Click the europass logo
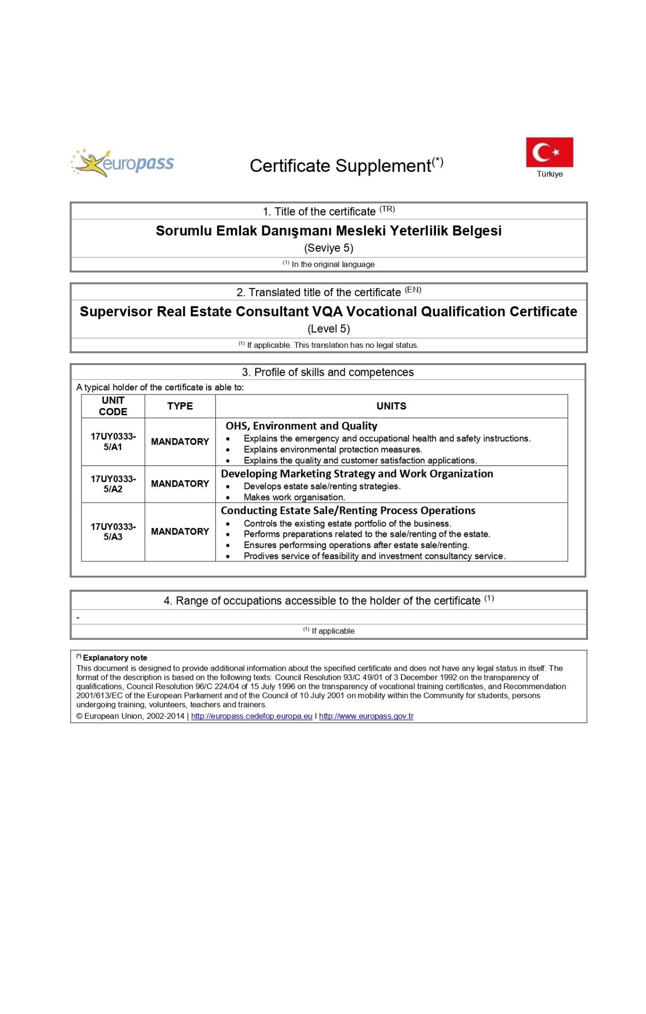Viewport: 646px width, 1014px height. (122, 163)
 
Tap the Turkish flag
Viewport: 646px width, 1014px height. (549, 152)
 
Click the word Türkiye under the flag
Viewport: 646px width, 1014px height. (550, 174)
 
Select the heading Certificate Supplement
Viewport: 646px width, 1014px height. (346, 165)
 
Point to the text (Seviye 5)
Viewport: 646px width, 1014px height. (329, 248)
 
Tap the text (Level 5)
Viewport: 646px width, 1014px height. (329, 329)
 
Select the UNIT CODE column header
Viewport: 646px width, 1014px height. (113, 406)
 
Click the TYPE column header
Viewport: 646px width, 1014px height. (180, 406)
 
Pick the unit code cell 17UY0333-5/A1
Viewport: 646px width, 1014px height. (113, 442)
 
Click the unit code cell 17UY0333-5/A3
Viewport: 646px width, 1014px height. (113, 532)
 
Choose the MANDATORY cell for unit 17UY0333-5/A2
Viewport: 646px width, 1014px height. (180, 484)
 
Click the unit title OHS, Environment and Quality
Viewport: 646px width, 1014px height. (301, 426)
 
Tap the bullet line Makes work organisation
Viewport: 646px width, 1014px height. (294, 497)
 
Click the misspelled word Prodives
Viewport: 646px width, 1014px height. (259, 556)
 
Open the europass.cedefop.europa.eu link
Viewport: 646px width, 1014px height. (252, 716)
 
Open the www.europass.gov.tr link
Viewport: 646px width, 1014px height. (366, 716)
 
